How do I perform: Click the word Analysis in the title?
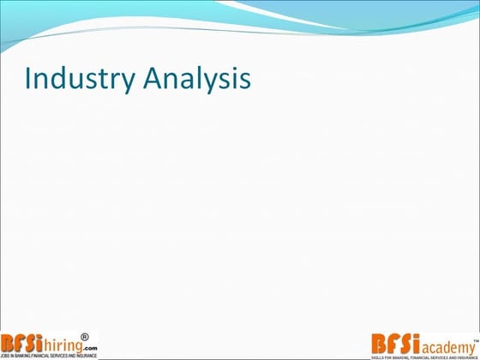click(x=196, y=78)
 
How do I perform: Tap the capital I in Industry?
click(x=28, y=78)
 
